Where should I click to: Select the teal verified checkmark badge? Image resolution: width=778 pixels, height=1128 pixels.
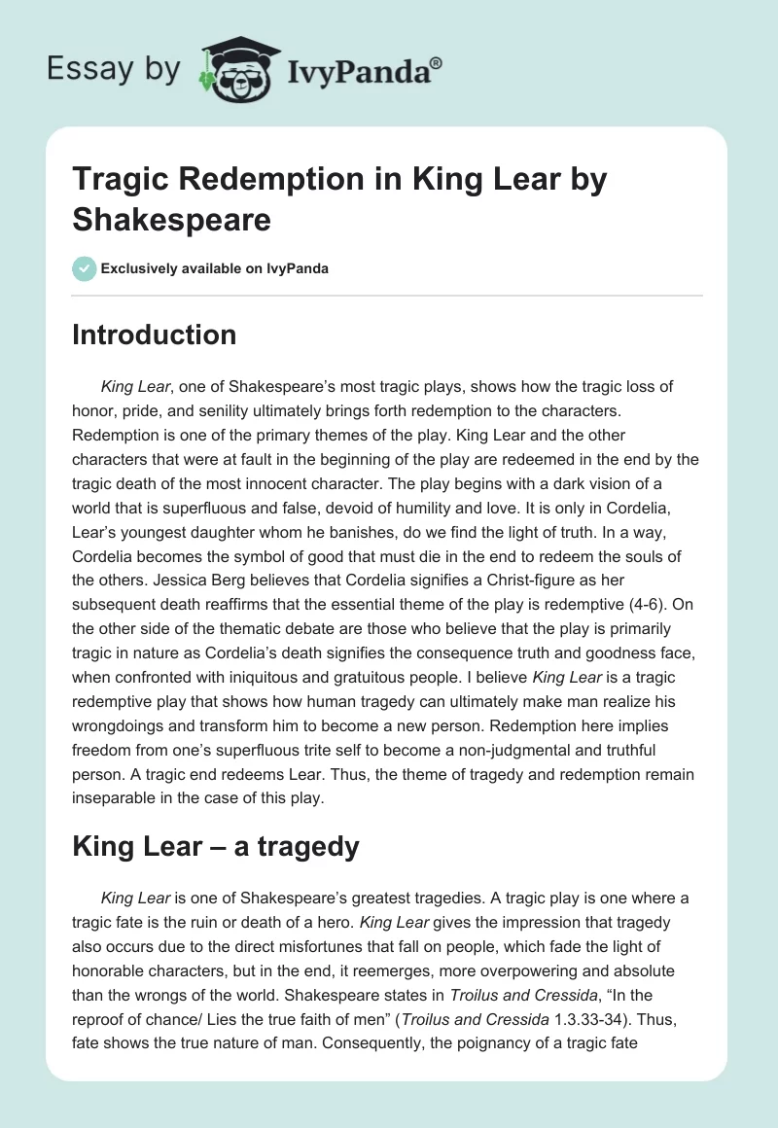(84, 268)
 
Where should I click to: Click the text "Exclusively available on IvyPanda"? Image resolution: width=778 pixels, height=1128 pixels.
(215, 268)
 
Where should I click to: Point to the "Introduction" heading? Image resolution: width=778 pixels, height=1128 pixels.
(155, 335)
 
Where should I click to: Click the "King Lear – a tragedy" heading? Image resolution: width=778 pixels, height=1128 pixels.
(216, 847)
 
